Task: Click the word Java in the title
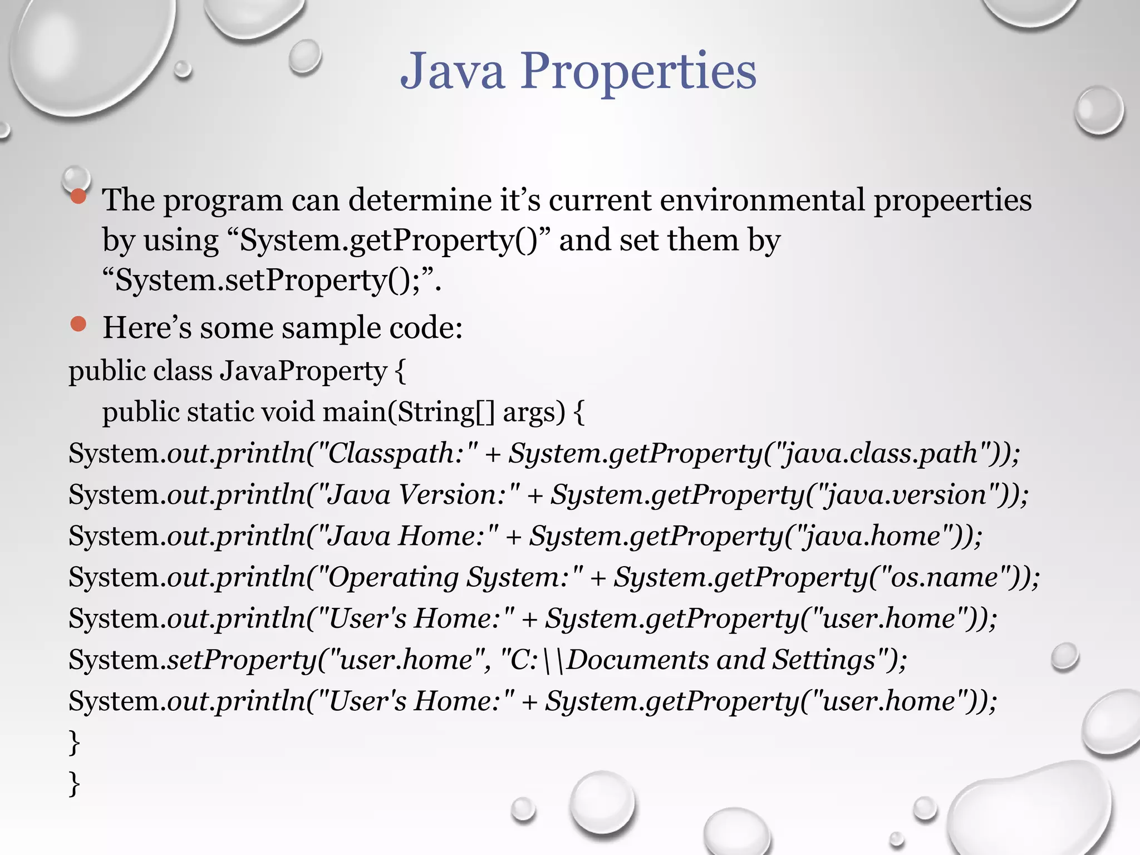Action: tap(453, 71)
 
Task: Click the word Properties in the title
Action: tap(638, 71)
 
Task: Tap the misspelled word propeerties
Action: tap(952, 200)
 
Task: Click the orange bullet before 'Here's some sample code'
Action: tap(78, 324)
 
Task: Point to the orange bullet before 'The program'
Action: tap(78, 196)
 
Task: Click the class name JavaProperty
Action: tap(304, 371)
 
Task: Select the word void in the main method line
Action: tap(288, 412)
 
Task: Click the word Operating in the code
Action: tap(392, 577)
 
